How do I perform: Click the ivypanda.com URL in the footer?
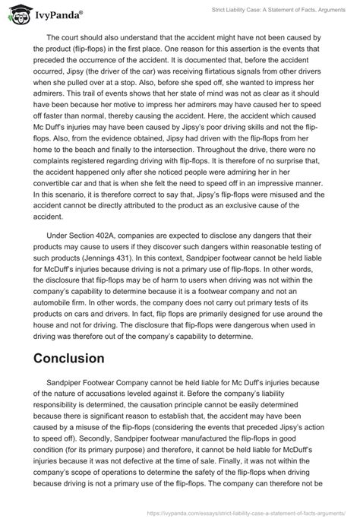[x=227, y=512]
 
